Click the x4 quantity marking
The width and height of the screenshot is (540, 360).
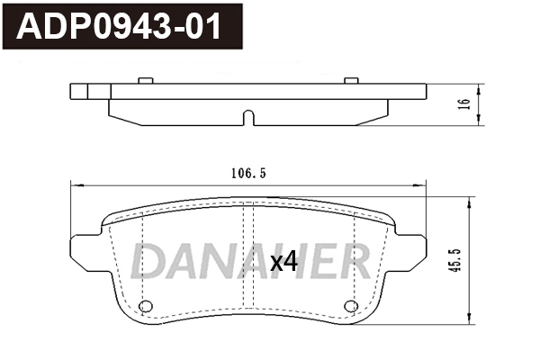tap(283, 262)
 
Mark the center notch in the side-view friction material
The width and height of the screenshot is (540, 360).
tap(248, 118)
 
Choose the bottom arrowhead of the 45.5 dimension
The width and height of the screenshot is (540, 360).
tap(467, 319)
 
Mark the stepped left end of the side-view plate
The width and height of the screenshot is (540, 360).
tap(78, 92)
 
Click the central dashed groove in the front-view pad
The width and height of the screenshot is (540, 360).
tap(248, 261)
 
